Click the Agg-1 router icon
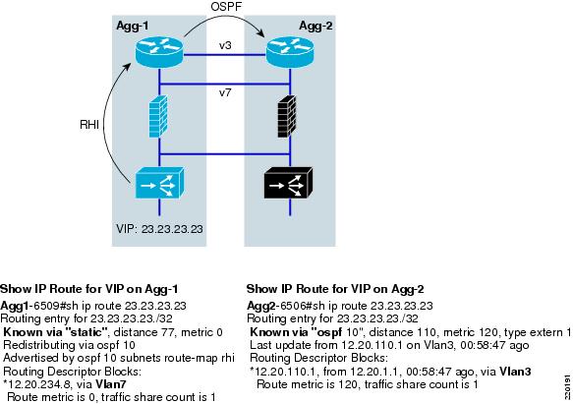159,52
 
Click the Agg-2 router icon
290,52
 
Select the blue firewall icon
158,116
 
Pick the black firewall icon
287,116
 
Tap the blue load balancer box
159,183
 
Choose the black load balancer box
288,183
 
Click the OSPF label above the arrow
226,6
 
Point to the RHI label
89,125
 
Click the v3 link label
225,45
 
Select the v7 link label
225,92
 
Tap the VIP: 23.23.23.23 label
159,229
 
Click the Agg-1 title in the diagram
133,26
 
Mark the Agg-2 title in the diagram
315,26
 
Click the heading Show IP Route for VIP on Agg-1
89,289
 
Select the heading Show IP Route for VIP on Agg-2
335,289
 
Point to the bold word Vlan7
111,384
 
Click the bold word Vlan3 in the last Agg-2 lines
515,372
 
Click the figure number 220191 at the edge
567,387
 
